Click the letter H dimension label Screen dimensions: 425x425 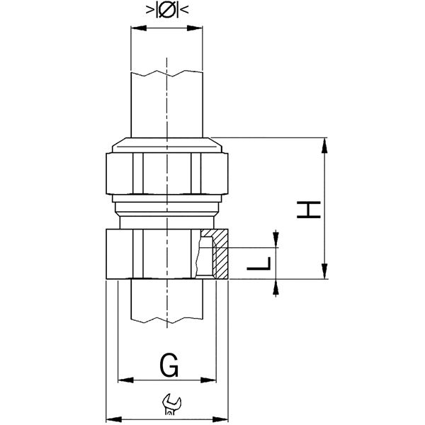pyautogui.click(x=309, y=210)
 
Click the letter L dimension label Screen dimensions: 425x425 pyautogui.click(x=259, y=263)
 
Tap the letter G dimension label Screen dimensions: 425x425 pyautogui.click(x=169, y=365)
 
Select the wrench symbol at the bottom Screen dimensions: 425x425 pyautogui.click(x=171, y=404)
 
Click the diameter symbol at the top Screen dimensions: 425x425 pyautogui.click(x=167, y=10)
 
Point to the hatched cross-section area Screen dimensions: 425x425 pyautogui.click(x=220, y=254)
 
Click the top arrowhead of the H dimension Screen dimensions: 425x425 pyautogui.click(x=324, y=145)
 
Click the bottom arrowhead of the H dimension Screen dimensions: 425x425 pyautogui.click(x=324, y=271)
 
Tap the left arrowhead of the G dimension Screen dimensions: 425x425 pyautogui.click(x=126, y=380)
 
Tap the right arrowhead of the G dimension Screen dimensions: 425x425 pyautogui.click(x=208, y=380)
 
